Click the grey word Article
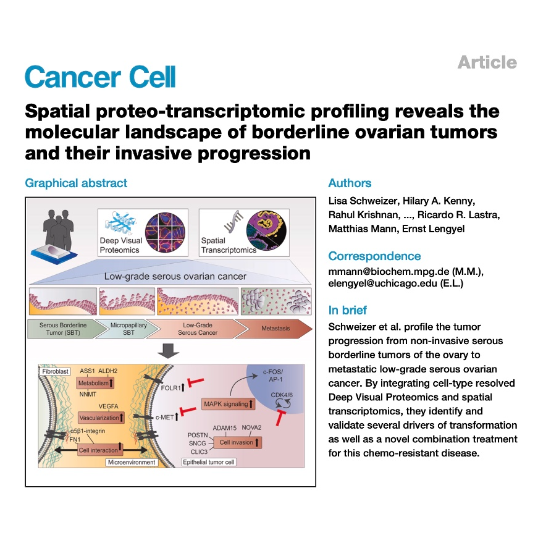click(x=487, y=62)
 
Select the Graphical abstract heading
click(x=76, y=183)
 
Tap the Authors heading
click(x=350, y=183)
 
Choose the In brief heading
click(x=348, y=310)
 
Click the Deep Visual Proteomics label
click(x=121, y=245)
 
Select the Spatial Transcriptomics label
click(x=229, y=245)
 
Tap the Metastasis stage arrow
click(x=274, y=329)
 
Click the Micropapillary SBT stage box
click(x=121, y=329)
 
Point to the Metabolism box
click(x=96, y=383)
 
